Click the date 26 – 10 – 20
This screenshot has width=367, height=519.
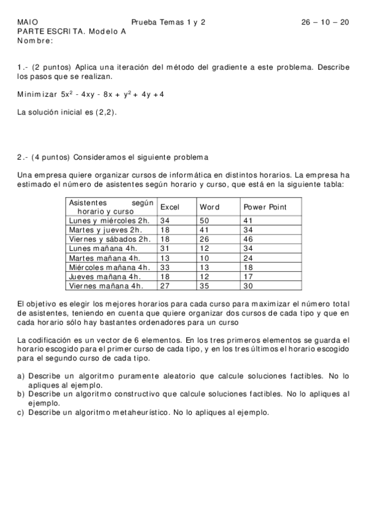point(325,22)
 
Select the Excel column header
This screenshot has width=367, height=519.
point(170,207)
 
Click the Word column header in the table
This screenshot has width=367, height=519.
point(210,207)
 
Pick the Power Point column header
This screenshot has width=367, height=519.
point(265,207)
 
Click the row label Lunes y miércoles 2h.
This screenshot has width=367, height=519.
point(110,220)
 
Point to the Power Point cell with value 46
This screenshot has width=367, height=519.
point(248,239)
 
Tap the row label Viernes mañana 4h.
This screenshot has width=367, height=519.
point(105,285)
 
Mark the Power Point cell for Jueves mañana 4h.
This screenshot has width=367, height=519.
point(248,276)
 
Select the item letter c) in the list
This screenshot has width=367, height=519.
point(21,413)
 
